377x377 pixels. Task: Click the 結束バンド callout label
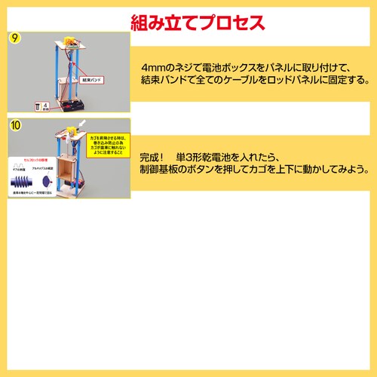(x=92, y=78)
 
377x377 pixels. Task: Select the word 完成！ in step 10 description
(x=154, y=157)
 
